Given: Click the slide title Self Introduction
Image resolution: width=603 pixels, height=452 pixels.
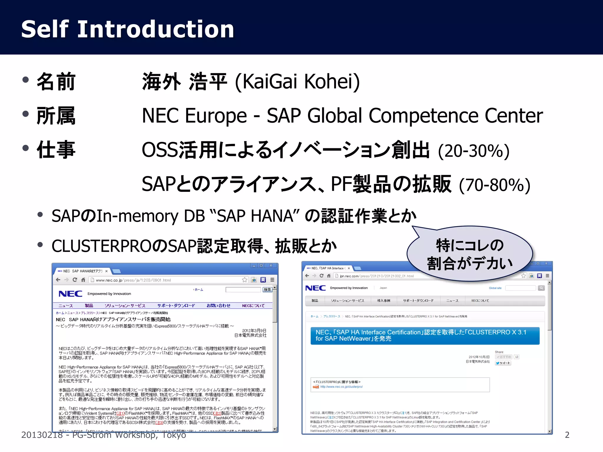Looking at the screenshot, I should (x=127, y=29).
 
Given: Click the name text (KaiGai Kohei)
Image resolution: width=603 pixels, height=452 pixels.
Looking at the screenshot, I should (x=297, y=81).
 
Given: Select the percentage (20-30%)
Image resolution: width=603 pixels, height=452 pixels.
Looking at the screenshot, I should (x=473, y=151).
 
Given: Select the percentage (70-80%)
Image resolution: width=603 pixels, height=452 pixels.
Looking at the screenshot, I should (x=495, y=185).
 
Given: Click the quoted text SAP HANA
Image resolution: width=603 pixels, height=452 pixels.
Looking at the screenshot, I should (x=255, y=216).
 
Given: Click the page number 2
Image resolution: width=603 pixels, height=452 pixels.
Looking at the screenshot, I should (x=567, y=435).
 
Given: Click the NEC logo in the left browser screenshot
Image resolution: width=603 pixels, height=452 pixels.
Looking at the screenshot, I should (x=70, y=294).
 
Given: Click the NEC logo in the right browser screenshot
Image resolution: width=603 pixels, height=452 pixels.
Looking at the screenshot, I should (x=315, y=288).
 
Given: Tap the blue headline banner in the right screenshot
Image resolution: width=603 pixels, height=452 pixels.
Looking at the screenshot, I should (x=425, y=335).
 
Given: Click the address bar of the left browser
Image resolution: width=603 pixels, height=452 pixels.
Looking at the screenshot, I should (x=168, y=280).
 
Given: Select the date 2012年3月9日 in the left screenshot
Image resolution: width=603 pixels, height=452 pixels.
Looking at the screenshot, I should (x=254, y=331).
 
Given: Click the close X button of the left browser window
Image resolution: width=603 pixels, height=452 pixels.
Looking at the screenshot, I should (x=271, y=265).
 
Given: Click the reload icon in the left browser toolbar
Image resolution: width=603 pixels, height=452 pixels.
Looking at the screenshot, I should (x=75, y=280).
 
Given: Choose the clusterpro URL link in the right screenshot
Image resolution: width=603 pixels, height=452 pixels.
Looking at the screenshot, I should (x=341, y=387).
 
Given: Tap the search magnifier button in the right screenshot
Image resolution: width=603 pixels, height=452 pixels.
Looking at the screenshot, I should (x=541, y=288).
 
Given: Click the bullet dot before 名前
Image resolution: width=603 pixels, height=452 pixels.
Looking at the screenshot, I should (x=26, y=80).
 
